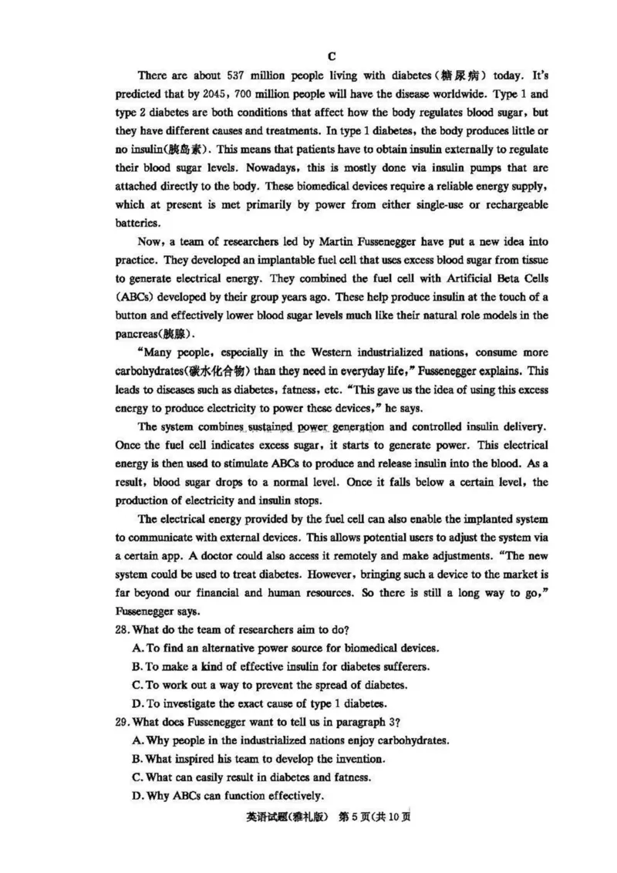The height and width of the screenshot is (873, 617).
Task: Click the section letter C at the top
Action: click(332, 56)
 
